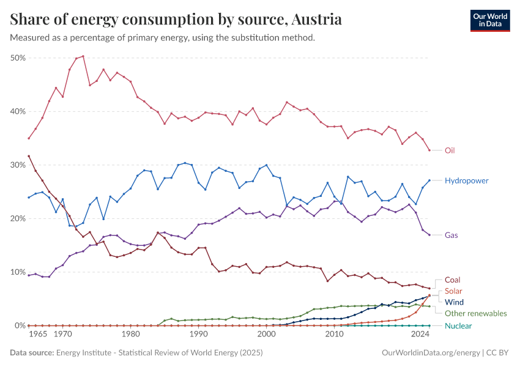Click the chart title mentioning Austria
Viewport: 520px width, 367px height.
tap(176, 20)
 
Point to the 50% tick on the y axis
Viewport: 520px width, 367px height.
tap(18, 57)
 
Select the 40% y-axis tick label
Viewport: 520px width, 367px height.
tap(18, 111)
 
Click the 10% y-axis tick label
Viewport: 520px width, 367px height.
tap(18, 272)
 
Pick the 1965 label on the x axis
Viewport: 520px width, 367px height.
tap(38, 335)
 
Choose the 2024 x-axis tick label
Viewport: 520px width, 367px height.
tap(420, 335)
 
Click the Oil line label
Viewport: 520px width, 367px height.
tap(450, 150)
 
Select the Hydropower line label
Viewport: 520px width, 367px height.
tap(466, 180)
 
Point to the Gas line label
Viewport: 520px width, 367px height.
tap(451, 235)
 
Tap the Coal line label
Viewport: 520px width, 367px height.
tap(453, 280)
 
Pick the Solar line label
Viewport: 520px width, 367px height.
tap(454, 291)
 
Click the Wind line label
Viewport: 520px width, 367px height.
tap(455, 302)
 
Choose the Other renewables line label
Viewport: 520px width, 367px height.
tap(475, 313)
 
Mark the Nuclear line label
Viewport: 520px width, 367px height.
tap(458, 325)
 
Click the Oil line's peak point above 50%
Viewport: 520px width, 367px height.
tap(83, 56)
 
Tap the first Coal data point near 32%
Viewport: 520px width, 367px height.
tap(29, 156)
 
